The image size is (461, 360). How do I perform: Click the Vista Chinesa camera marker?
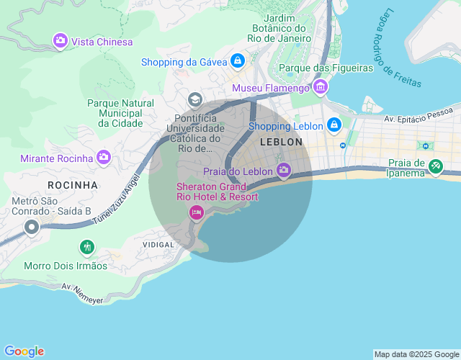coord(60,41)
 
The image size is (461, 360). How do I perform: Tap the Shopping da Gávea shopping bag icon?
coord(237,61)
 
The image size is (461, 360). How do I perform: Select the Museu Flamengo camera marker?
coord(321,88)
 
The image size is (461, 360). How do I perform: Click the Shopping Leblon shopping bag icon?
coord(334,126)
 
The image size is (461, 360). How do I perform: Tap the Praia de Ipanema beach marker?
coord(435,167)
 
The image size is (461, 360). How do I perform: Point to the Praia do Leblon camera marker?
coord(284,171)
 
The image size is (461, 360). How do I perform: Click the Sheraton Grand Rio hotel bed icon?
coord(195,212)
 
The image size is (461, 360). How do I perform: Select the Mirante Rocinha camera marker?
coord(104,157)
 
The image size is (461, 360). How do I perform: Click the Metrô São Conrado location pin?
coord(31,228)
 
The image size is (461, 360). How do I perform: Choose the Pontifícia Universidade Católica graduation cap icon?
coord(194,99)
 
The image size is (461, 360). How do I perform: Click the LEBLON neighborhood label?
coord(281,142)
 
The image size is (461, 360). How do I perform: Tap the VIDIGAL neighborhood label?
coord(158,245)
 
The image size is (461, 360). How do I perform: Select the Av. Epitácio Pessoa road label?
coord(418,114)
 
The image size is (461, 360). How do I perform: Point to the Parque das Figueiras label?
coord(326,68)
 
